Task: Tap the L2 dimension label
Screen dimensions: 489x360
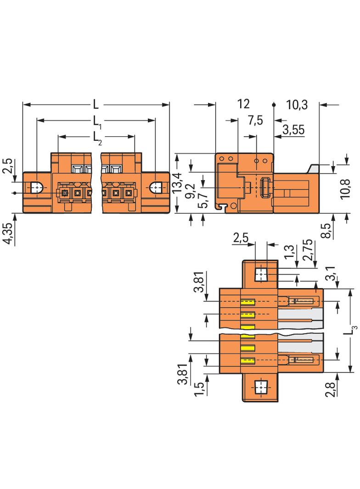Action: coord(97,137)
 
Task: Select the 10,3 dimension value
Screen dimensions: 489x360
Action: coord(296,105)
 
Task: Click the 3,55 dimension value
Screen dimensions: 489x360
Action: coord(293,129)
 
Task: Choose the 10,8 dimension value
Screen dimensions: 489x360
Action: coord(347,188)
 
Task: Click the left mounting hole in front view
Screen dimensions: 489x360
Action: coord(37,188)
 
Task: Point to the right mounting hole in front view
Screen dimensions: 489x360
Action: coord(156,188)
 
